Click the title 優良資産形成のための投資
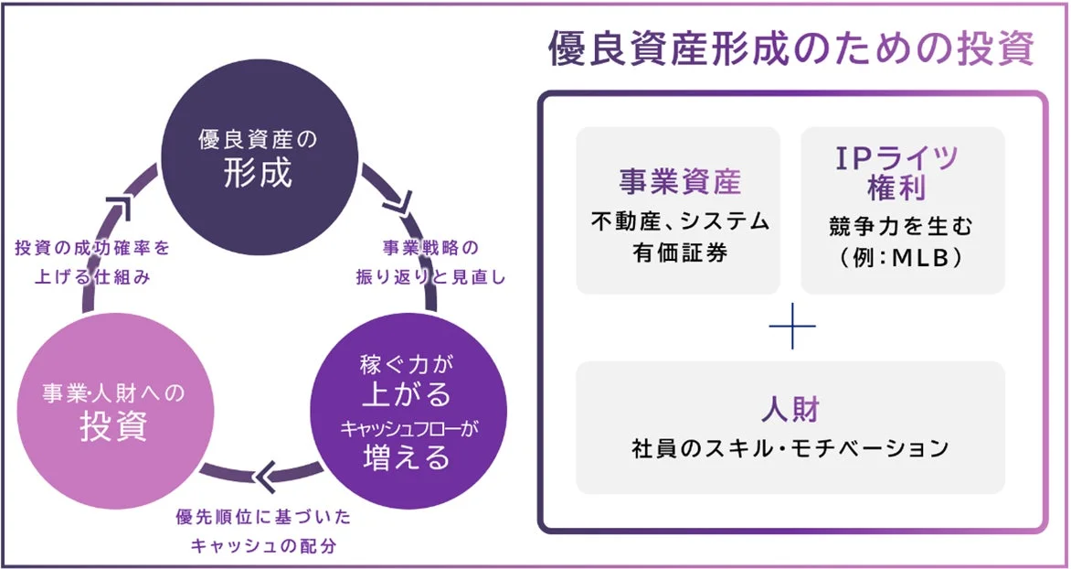click(791, 50)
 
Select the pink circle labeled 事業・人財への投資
click(113, 411)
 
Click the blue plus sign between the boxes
click(791, 327)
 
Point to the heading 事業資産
click(680, 181)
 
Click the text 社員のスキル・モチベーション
click(790, 448)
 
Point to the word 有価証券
click(680, 252)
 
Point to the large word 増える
click(408, 456)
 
